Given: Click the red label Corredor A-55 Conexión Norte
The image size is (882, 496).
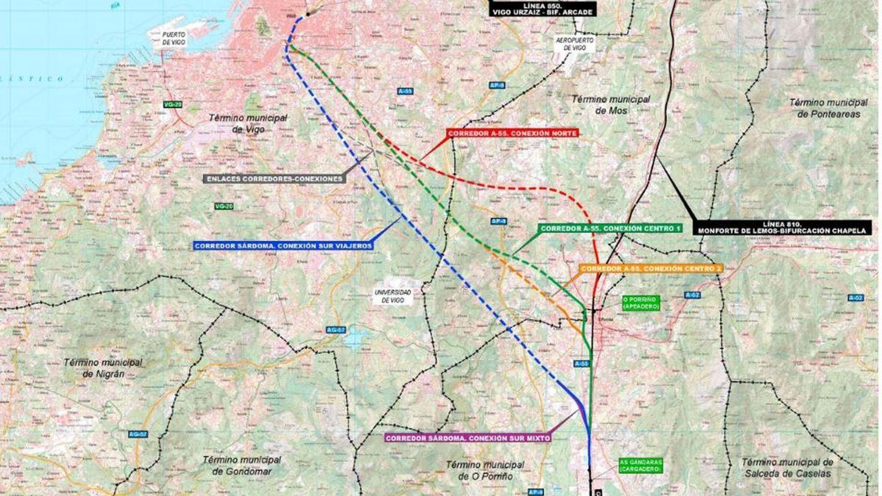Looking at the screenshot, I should pos(512,133).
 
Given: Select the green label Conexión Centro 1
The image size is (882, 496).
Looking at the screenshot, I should pos(611,228).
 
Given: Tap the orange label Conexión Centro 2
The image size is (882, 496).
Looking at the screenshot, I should pos(650,268).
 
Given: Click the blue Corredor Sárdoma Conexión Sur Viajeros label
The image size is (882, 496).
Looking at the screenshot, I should pos(283,246).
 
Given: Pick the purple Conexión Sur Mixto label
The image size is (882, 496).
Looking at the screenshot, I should pos(467,438).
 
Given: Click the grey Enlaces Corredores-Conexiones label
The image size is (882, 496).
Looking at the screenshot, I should pos(275,179).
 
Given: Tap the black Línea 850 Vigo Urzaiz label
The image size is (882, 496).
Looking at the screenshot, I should pos(542,9).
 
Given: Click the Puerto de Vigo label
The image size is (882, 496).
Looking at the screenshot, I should pos(173,38).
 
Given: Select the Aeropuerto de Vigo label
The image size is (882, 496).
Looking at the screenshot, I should pos(574,44).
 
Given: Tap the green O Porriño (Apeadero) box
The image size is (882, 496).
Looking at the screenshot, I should pos(641,303).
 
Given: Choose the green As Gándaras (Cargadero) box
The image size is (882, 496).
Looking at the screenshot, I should pos(639,466).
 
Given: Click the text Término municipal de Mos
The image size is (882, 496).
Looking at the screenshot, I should pos(610,104).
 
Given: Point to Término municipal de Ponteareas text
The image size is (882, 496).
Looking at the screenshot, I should pos(828,108).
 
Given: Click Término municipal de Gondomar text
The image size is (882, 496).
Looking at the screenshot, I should pos(241,465).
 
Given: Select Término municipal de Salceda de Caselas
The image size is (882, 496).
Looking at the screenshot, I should pos(787,468).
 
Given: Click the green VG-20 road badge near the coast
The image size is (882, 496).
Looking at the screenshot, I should pos(172,104).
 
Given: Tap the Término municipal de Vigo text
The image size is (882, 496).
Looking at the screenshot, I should pos(248,123).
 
